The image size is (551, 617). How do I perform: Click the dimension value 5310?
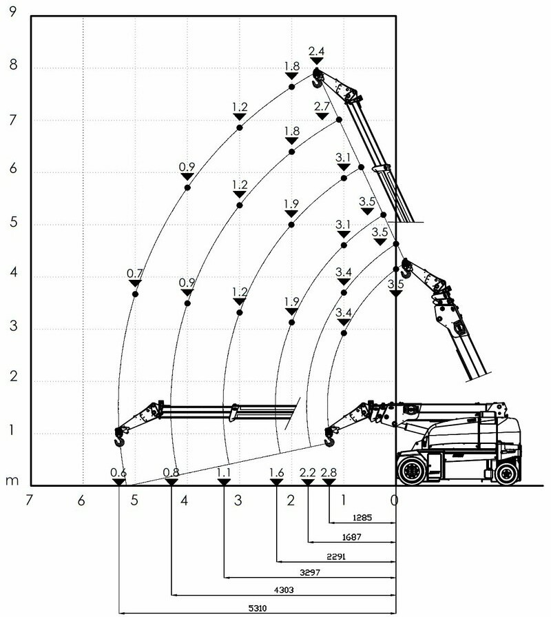coord(258,608)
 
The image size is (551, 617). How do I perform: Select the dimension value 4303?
coord(284,590)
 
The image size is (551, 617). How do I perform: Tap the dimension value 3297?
coord(310,573)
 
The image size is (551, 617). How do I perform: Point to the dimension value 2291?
coord(336,556)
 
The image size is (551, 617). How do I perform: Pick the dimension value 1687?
coord(352,537)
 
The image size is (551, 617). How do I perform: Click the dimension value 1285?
coord(362,518)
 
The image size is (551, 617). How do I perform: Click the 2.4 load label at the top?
coord(316,51)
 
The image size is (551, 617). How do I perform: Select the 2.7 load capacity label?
coord(322,106)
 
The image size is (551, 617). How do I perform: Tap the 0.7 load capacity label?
coord(134,273)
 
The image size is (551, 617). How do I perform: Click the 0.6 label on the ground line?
coord(118,472)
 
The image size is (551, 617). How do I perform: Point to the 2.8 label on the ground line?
coord(329,472)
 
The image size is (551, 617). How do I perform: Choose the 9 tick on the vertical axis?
coord(13,12)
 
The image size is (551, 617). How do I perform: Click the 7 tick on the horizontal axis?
coord(28,500)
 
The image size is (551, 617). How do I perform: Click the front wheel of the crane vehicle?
coord(411,470)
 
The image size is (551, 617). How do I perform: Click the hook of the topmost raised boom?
coord(317,80)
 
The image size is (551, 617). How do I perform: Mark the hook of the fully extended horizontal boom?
coord(119,438)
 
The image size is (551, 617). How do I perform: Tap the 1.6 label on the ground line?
coord(276,472)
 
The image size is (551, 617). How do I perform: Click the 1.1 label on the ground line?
coord(224,472)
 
